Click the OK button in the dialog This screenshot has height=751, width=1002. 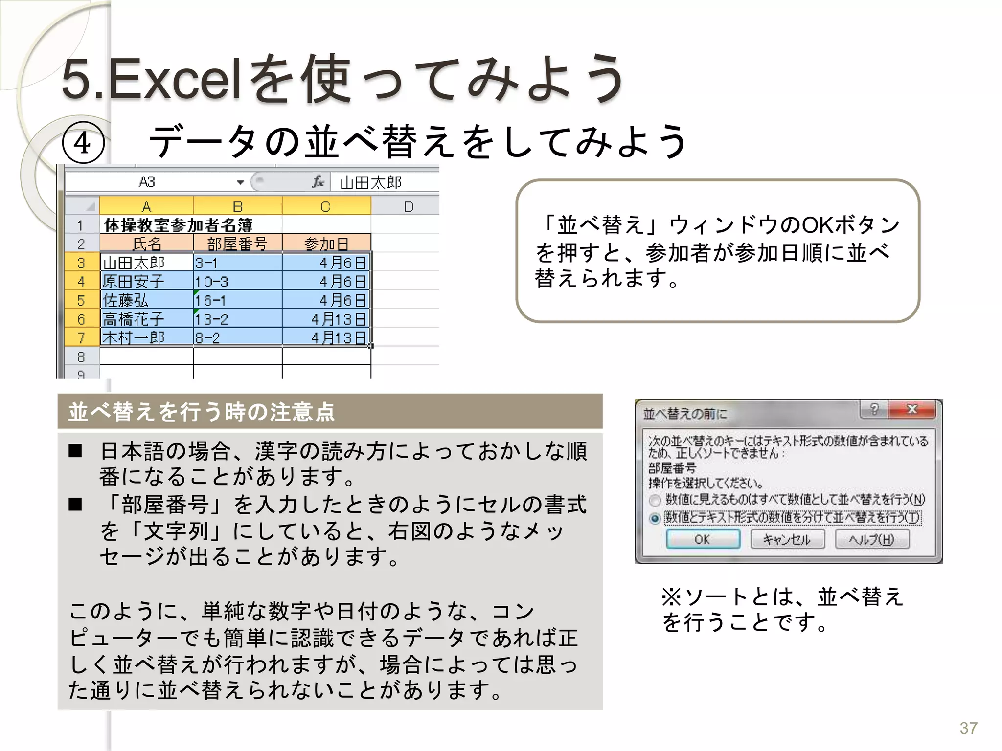[703, 539]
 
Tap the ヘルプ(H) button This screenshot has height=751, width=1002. [871, 539]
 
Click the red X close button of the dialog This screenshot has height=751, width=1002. [912, 409]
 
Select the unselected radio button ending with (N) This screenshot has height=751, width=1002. [655, 500]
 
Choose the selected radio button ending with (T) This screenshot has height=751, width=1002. [655, 518]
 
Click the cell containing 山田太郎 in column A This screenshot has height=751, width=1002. [146, 263]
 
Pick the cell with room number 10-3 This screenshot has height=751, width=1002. [237, 282]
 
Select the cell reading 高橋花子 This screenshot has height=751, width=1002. [146, 319]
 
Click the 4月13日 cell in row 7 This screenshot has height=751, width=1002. [326, 338]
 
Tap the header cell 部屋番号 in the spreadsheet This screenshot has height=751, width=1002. [237, 243]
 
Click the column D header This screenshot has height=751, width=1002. [409, 207]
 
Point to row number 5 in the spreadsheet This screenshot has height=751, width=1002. [81, 300]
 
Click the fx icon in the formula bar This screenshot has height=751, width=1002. [318, 182]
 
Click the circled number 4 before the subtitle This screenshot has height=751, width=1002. [83, 143]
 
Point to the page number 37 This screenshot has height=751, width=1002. [968, 728]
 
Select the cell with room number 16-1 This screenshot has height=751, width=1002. [237, 300]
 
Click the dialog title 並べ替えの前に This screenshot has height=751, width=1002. [685, 414]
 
